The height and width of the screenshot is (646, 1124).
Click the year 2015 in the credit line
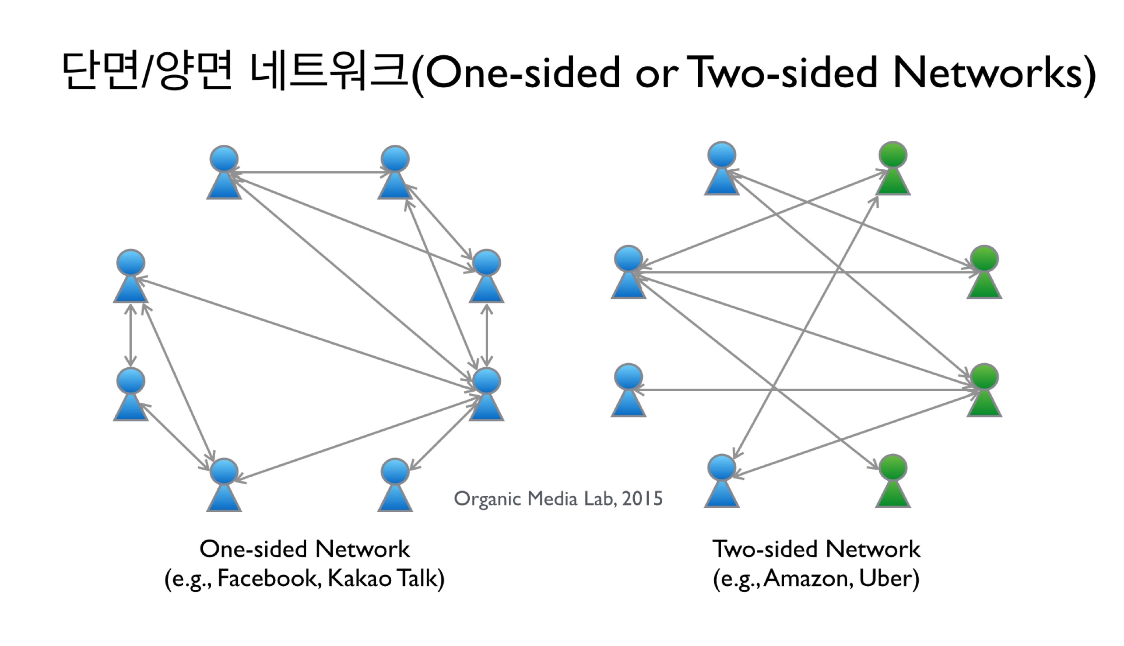point(642,499)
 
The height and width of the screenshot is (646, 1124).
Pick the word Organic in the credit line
point(487,499)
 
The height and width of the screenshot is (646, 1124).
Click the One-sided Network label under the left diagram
point(305,549)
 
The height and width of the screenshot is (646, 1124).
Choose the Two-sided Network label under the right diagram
point(816,549)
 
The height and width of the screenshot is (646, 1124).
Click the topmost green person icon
point(892,169)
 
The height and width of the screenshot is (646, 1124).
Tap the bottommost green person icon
point(892,481)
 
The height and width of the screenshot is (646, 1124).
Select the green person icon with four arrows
point(984,390)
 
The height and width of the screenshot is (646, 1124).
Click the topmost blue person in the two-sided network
point(722,169)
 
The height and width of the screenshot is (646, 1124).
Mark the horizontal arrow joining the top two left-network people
point(310,172)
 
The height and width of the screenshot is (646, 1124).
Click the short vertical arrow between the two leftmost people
point(130,335)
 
